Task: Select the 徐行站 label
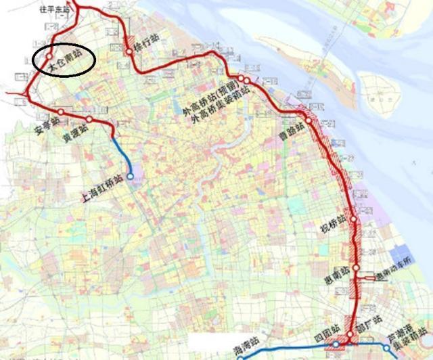pyautogui.click(x=147, y=41)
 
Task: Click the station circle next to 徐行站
pyautogui.click(x=129, y=51)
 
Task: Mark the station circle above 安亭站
pyautogui.click(x=61, y=112)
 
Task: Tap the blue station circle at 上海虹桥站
pyautogui.click(x=131, y=177)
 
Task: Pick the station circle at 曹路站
pyautogui.click(x=309, y=120)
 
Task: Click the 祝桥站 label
pyautogui.click(x=334, y=225)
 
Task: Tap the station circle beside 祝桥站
pyautogui.click(x=353, y=220)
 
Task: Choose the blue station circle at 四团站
pyautogui.click(x=336, y=345)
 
